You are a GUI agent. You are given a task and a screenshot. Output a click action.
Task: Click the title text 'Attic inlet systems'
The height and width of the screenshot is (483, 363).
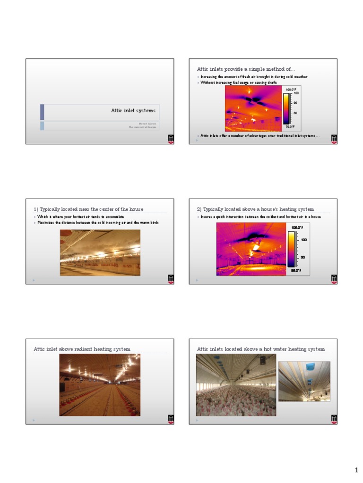133,111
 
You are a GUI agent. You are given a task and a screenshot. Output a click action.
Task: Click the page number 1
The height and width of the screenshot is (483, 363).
357,470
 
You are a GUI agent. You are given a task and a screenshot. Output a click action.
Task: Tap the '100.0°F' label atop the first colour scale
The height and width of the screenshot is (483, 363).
290,89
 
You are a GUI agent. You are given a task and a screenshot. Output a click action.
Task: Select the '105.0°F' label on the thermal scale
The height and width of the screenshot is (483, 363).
296,228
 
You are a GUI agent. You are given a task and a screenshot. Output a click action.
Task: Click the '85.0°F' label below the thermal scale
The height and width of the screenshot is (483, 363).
296,270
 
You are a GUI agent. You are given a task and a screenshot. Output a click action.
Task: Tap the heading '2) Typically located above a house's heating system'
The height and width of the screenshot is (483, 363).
255,209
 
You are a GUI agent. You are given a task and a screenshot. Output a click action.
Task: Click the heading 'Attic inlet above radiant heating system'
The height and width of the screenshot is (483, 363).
82,349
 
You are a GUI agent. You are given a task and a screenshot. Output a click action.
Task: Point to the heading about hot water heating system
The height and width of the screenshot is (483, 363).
260,349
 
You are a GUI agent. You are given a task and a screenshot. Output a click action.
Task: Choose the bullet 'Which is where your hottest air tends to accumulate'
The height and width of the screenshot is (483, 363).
81,217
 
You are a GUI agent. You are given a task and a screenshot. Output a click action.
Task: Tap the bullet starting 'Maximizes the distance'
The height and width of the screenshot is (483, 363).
98,222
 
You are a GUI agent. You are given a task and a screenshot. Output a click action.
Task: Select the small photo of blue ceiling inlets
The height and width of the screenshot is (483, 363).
304,381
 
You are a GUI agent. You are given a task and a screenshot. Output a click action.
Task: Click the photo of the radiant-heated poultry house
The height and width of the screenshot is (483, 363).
100,385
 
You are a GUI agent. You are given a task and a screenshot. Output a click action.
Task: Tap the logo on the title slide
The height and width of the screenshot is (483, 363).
171,139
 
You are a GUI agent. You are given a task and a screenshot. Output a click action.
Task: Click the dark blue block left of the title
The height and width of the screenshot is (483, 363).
42,112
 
